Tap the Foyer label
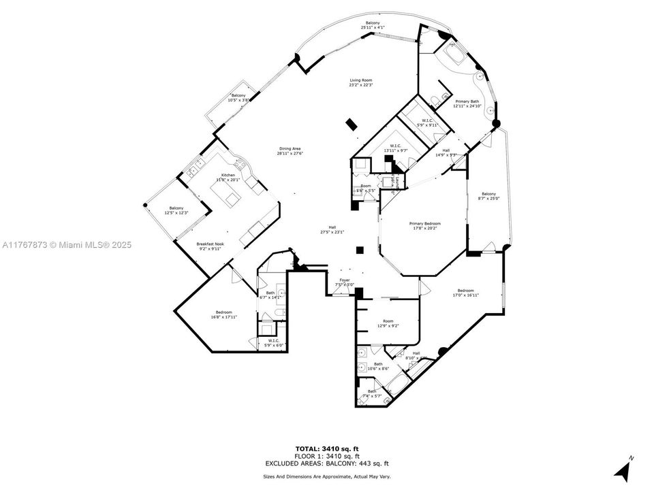[x=345, y=282]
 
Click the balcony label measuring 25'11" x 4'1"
[x=373, y=25]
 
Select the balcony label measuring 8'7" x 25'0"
[x=489, y=196]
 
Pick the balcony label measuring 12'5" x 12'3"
[x=176, y=210]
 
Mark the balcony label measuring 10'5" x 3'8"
[x=238, y=97]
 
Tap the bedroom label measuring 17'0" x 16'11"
[x=465, y=293]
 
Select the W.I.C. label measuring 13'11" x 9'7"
[x=395, y=148]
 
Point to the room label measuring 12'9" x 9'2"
[x=388, y=323]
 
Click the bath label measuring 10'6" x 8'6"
[x=378, y=366]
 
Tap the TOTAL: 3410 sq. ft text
[x=326, y=449]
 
